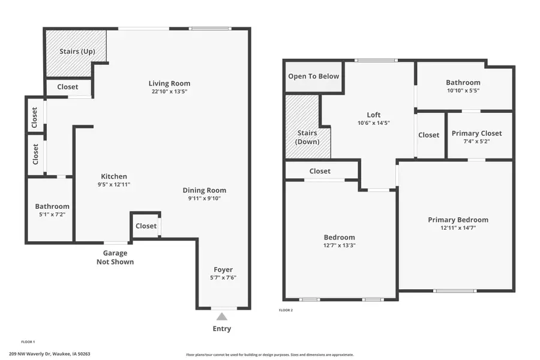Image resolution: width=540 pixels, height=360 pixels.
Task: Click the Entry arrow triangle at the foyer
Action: [222, 316]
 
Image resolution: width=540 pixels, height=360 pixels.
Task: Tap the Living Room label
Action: [170, 83]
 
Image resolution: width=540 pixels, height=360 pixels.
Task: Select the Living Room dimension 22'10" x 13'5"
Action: [170, 92]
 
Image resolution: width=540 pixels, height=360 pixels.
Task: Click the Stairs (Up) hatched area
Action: [76, 52]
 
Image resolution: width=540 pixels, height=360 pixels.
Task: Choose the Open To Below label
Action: [313, 76]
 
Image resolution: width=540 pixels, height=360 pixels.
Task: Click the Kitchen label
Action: [113, 176]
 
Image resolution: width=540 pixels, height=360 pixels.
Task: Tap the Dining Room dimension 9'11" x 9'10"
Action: [205, 199]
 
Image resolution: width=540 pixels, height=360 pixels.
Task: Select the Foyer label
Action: [223, 269]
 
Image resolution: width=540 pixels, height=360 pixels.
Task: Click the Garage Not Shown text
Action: [115, 257]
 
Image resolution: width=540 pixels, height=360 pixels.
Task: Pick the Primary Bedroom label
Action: [458, 220]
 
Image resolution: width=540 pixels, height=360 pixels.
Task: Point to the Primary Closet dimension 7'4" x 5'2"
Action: [476, 142]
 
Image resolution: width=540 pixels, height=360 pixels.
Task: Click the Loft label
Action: [374, 115]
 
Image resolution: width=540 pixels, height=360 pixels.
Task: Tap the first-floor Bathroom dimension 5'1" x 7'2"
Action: [52, 214]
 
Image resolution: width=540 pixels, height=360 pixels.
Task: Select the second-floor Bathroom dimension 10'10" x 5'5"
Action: [463, 91]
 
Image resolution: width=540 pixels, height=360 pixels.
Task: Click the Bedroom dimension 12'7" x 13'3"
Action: [340, 245]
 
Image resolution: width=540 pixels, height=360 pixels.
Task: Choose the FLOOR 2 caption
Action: [286, 310]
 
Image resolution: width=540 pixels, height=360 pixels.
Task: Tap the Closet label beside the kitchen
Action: [146, 226]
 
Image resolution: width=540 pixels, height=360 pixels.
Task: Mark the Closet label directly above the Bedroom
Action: [320, 171]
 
